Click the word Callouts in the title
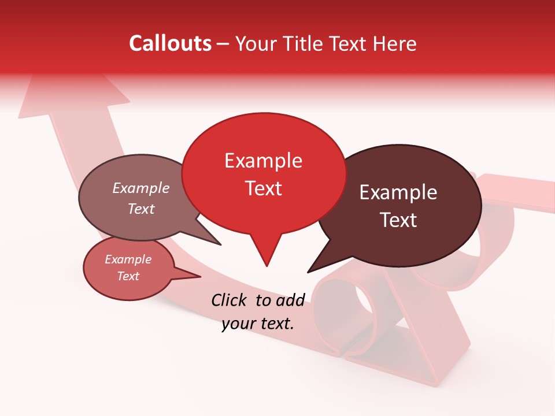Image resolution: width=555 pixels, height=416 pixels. coord(170,43)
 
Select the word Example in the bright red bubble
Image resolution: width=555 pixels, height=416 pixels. coord(263,161)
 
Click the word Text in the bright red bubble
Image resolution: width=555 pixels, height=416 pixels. coord(264,188)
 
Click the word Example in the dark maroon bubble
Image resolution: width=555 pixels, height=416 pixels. coord(398,192)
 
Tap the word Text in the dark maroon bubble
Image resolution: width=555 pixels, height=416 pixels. coord(399,220)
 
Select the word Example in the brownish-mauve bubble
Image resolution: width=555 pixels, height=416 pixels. coord(141,188)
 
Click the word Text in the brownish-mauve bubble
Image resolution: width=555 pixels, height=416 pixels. coord(141,209)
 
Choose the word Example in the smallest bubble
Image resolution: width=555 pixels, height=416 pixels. coord(128,259)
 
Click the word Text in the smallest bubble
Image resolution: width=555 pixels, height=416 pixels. coord(128,276)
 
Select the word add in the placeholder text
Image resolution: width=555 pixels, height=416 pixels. coord(290,300)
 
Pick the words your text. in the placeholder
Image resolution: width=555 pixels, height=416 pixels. coord(258,324)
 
